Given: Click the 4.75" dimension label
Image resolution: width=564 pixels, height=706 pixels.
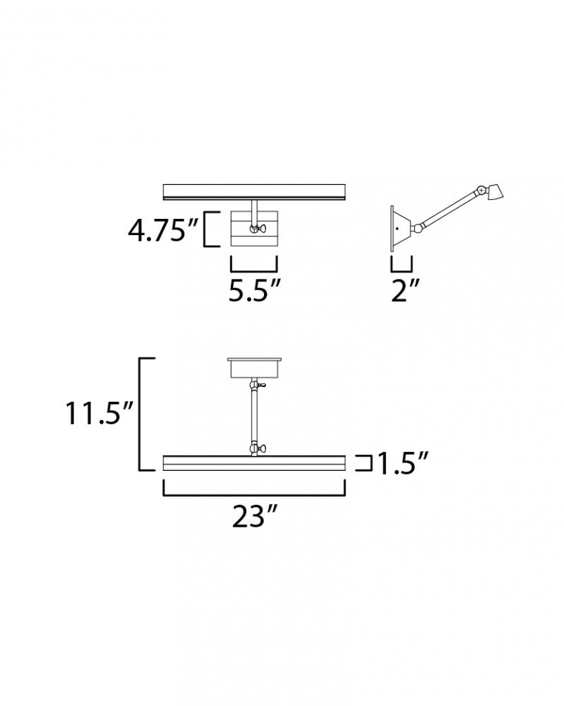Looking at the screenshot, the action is point(163,231).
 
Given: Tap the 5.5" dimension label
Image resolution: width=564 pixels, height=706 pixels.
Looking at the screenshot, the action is point(255,290).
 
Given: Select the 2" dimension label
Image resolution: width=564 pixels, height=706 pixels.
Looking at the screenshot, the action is point(405,290).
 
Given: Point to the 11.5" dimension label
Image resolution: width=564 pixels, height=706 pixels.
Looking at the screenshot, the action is point(100,413).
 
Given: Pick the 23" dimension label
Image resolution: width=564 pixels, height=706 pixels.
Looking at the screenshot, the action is point(254,516).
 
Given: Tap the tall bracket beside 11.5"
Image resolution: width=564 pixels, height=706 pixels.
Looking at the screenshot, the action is point(140,414).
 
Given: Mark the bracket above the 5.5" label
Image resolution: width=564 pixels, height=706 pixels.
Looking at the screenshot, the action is point(254,271).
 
